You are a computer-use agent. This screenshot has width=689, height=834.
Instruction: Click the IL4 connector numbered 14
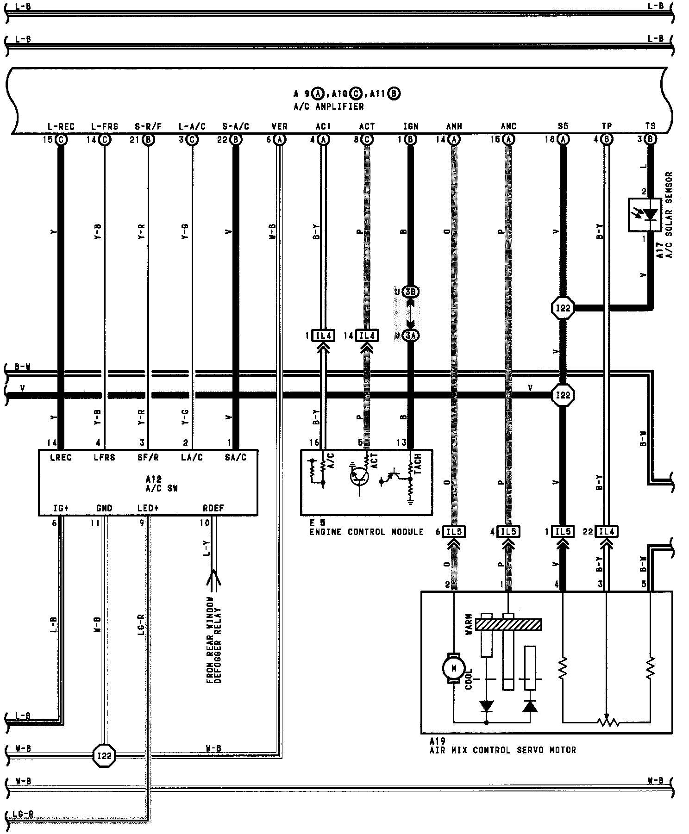(367, 336)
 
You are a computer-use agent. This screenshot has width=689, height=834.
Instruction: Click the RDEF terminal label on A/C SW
(213, 508)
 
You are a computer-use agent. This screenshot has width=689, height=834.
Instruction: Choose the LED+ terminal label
(148, 508)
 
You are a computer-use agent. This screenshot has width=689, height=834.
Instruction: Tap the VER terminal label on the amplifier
(279, 126)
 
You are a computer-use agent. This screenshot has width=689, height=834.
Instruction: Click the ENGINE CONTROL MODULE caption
(366, 532)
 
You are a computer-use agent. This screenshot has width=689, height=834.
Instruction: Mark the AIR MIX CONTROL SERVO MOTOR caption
(502, 750)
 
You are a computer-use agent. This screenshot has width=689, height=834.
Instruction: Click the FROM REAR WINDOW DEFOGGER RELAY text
(213, 641)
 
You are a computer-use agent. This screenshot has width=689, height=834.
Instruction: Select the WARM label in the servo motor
(469, 624)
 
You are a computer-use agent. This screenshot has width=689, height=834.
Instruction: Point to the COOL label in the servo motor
(469, 678)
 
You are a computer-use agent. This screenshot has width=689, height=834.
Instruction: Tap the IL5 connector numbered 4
(508, 532)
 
